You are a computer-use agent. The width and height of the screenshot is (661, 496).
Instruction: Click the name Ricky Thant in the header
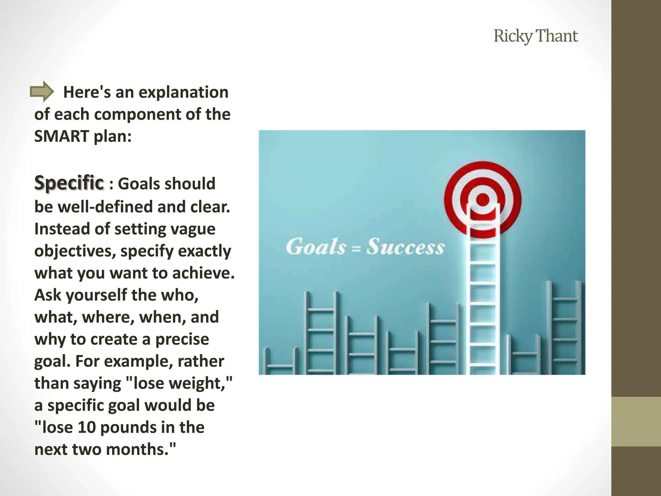tap(535, 36)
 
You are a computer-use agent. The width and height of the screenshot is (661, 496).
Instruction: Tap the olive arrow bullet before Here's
tap(42, 92)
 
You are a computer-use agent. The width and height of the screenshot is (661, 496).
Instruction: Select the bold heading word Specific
tap(69, 183)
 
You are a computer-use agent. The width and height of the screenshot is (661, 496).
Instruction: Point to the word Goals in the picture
tap(316, 247)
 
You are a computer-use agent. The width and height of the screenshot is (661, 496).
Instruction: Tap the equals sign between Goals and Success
tap(356, 249)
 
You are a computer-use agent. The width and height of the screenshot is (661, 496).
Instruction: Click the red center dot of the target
tap(483, 200)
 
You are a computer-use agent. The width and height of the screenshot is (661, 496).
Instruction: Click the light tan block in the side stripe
tap(636, 421)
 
